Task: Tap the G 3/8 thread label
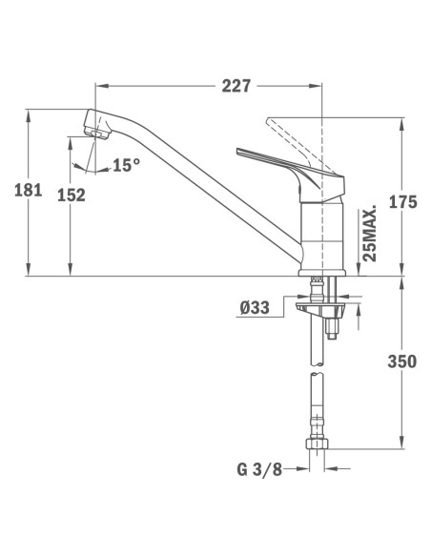click(259, 468)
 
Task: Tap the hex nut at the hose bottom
click(318, 444)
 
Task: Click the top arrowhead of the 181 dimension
click(31, 113)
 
